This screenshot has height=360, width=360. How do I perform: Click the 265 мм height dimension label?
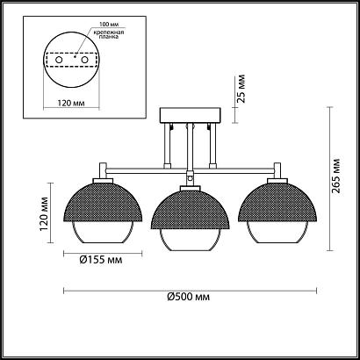coord(336,176)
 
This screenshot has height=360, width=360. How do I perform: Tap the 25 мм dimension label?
coord(241,89)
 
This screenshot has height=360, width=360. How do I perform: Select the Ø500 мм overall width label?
coord(189,297)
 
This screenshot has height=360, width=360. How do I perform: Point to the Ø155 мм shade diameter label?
coord(101,260)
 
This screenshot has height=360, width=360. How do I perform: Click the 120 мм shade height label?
coord(44,214)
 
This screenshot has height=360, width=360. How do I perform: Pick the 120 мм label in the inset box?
coord(71,103)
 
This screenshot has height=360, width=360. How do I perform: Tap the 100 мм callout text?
coord(106,25)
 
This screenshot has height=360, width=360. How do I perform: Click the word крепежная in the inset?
coord(107,32)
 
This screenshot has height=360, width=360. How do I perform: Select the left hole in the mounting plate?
coord(59,60)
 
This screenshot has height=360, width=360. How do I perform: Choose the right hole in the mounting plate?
coord(84,60)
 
